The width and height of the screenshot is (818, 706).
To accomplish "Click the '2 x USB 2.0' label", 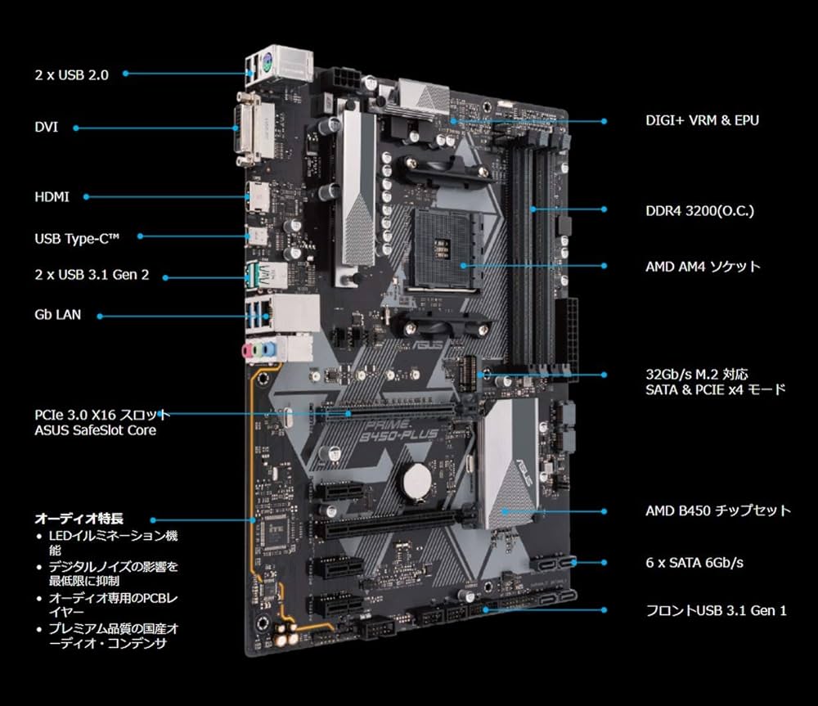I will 70,74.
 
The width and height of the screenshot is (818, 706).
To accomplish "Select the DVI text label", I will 46,128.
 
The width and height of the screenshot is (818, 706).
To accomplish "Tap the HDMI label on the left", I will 52,197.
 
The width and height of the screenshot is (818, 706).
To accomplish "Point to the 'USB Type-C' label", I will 77,237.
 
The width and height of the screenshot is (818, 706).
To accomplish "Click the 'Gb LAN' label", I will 57,314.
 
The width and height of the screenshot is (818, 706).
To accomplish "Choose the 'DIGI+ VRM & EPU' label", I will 702,121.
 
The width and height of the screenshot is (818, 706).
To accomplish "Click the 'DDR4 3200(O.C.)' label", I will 699,211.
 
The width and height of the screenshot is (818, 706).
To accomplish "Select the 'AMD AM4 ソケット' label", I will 703,267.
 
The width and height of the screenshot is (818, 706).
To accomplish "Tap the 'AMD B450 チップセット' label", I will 717,510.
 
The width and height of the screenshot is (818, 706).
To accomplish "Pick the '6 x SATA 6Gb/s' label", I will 695,563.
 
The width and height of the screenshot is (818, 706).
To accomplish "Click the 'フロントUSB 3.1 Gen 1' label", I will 716,610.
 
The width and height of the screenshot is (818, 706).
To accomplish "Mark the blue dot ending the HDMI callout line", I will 86,197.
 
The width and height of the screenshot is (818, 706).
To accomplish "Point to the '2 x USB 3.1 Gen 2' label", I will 92,276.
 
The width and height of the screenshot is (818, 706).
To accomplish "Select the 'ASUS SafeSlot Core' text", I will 95,430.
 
